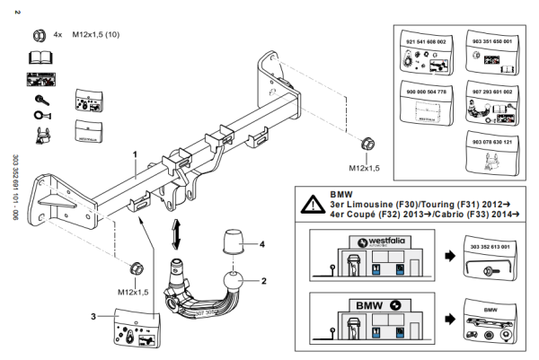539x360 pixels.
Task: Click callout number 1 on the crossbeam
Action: [x=135, y=154]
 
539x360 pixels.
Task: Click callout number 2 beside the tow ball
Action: [x=265, y=280]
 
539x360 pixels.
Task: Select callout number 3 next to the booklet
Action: [x=93, y=315]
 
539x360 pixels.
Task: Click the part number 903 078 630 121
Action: [x=490, y=141]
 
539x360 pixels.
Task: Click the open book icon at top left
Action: [x=39, y=57]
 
